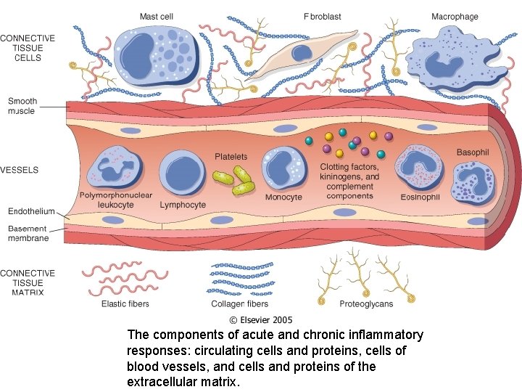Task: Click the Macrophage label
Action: pyautogui.click(x=455, y=17)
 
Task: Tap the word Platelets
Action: pyautogui.click(x=231, y=157)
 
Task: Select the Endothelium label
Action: pyautogui.click(x=31, y=211)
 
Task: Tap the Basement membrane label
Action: pyautogui.click(x=28, y=233)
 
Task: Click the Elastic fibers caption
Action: pyautogui.click(x=125, y=304)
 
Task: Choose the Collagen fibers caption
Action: pyautogui.click(x=239, y=304)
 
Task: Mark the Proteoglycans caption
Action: pyautogui.click(x=366, y=304)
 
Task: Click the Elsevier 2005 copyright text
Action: pyautogui.click(x=261, y=319)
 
